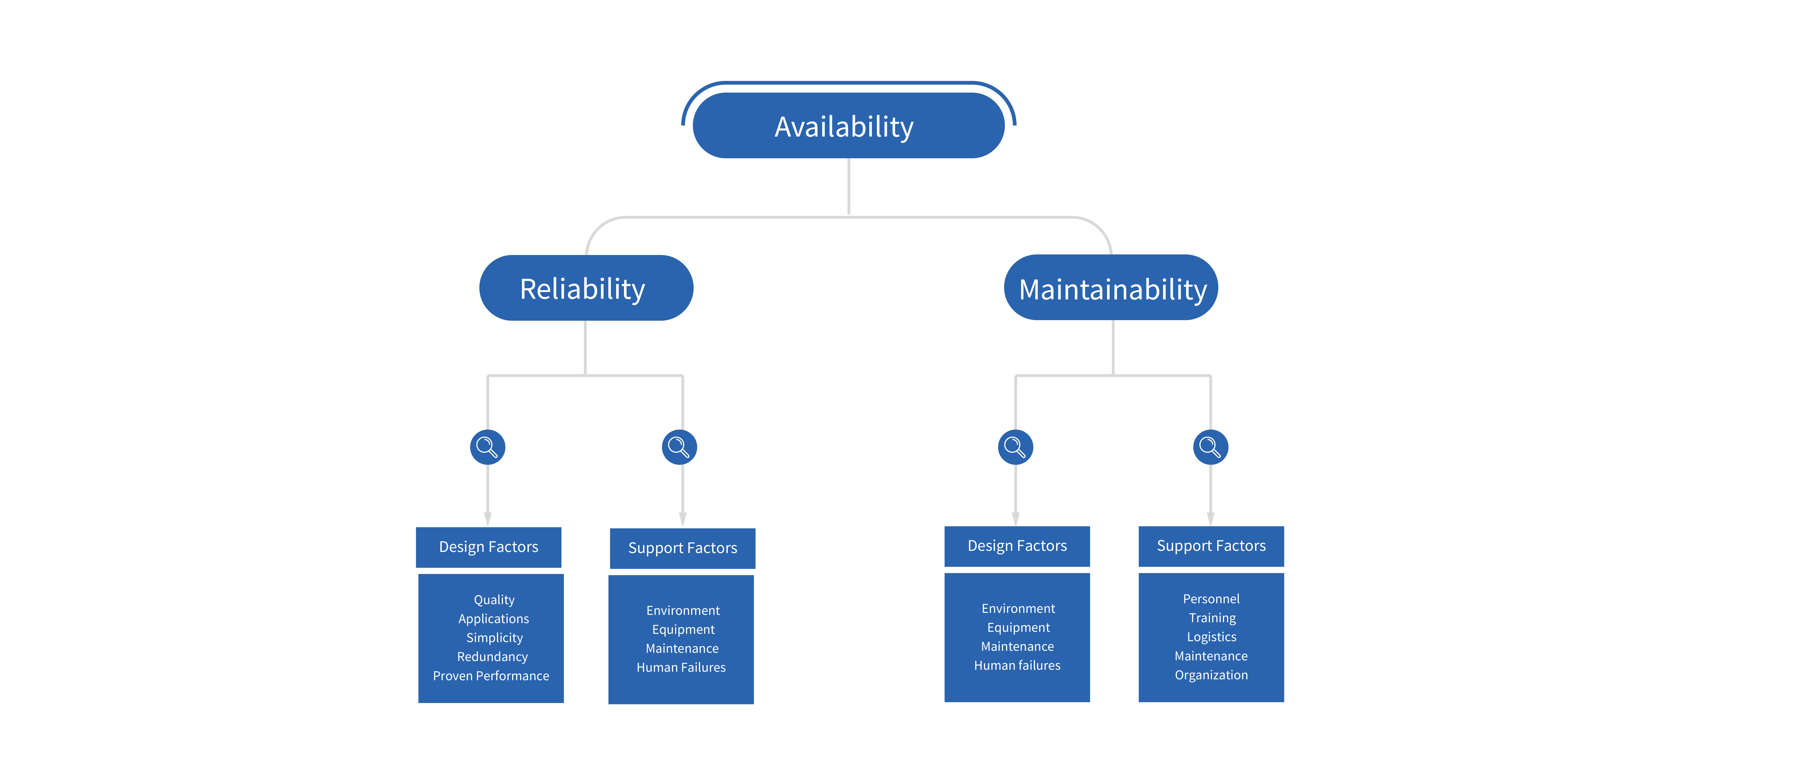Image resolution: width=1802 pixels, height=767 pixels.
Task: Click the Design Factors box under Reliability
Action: pyautogui.click(x=488, y=547)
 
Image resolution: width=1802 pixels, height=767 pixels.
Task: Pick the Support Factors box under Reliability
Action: pyautogui.click(x=682, y=548)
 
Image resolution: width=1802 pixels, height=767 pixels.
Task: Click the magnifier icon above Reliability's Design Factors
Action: pyautogui.click(x=488, y=447)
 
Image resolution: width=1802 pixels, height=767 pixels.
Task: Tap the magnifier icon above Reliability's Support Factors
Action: pyautogui.click(x=679, y=447)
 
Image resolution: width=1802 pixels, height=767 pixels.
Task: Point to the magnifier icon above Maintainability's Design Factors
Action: pyautogui.click(x=1015, y=447)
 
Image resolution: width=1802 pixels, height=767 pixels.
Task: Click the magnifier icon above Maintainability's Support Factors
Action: pyautogui.click(x=1210, y=447)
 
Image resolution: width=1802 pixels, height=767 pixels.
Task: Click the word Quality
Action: pyautogui.click(x=494, y=600)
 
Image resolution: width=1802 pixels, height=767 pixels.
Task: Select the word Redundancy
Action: pyautogui.click(x=492, y=657)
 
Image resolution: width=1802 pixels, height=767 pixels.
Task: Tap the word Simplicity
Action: pyautogui.click(x=494, y=638)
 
